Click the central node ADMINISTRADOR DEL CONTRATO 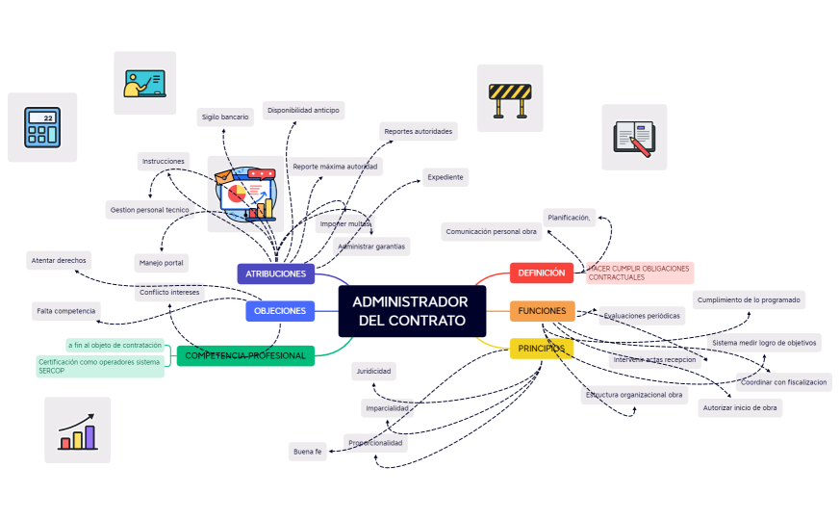pos(411,310)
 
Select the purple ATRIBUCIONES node pos(276,273)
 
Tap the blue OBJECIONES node pos(280,311)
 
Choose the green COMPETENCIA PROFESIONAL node pos(244,355)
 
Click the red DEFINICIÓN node pos(542,273)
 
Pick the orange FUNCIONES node pos(542,311)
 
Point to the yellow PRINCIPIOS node pos(541,348)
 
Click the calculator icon pos(42,127)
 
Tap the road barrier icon pos(510,98)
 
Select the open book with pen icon pos(634,137)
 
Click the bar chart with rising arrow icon pos(77,429)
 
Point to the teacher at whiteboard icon pos(145,83)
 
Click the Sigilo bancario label pos(225,117)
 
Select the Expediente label pos(445,177)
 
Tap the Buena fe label pos(308,451)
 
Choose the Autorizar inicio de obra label pos(740,407)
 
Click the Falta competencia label pos(66,311)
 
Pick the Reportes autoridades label pos(418,131)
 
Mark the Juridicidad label pos(373,371)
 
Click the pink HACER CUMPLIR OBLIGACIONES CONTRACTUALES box pos(639,273)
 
